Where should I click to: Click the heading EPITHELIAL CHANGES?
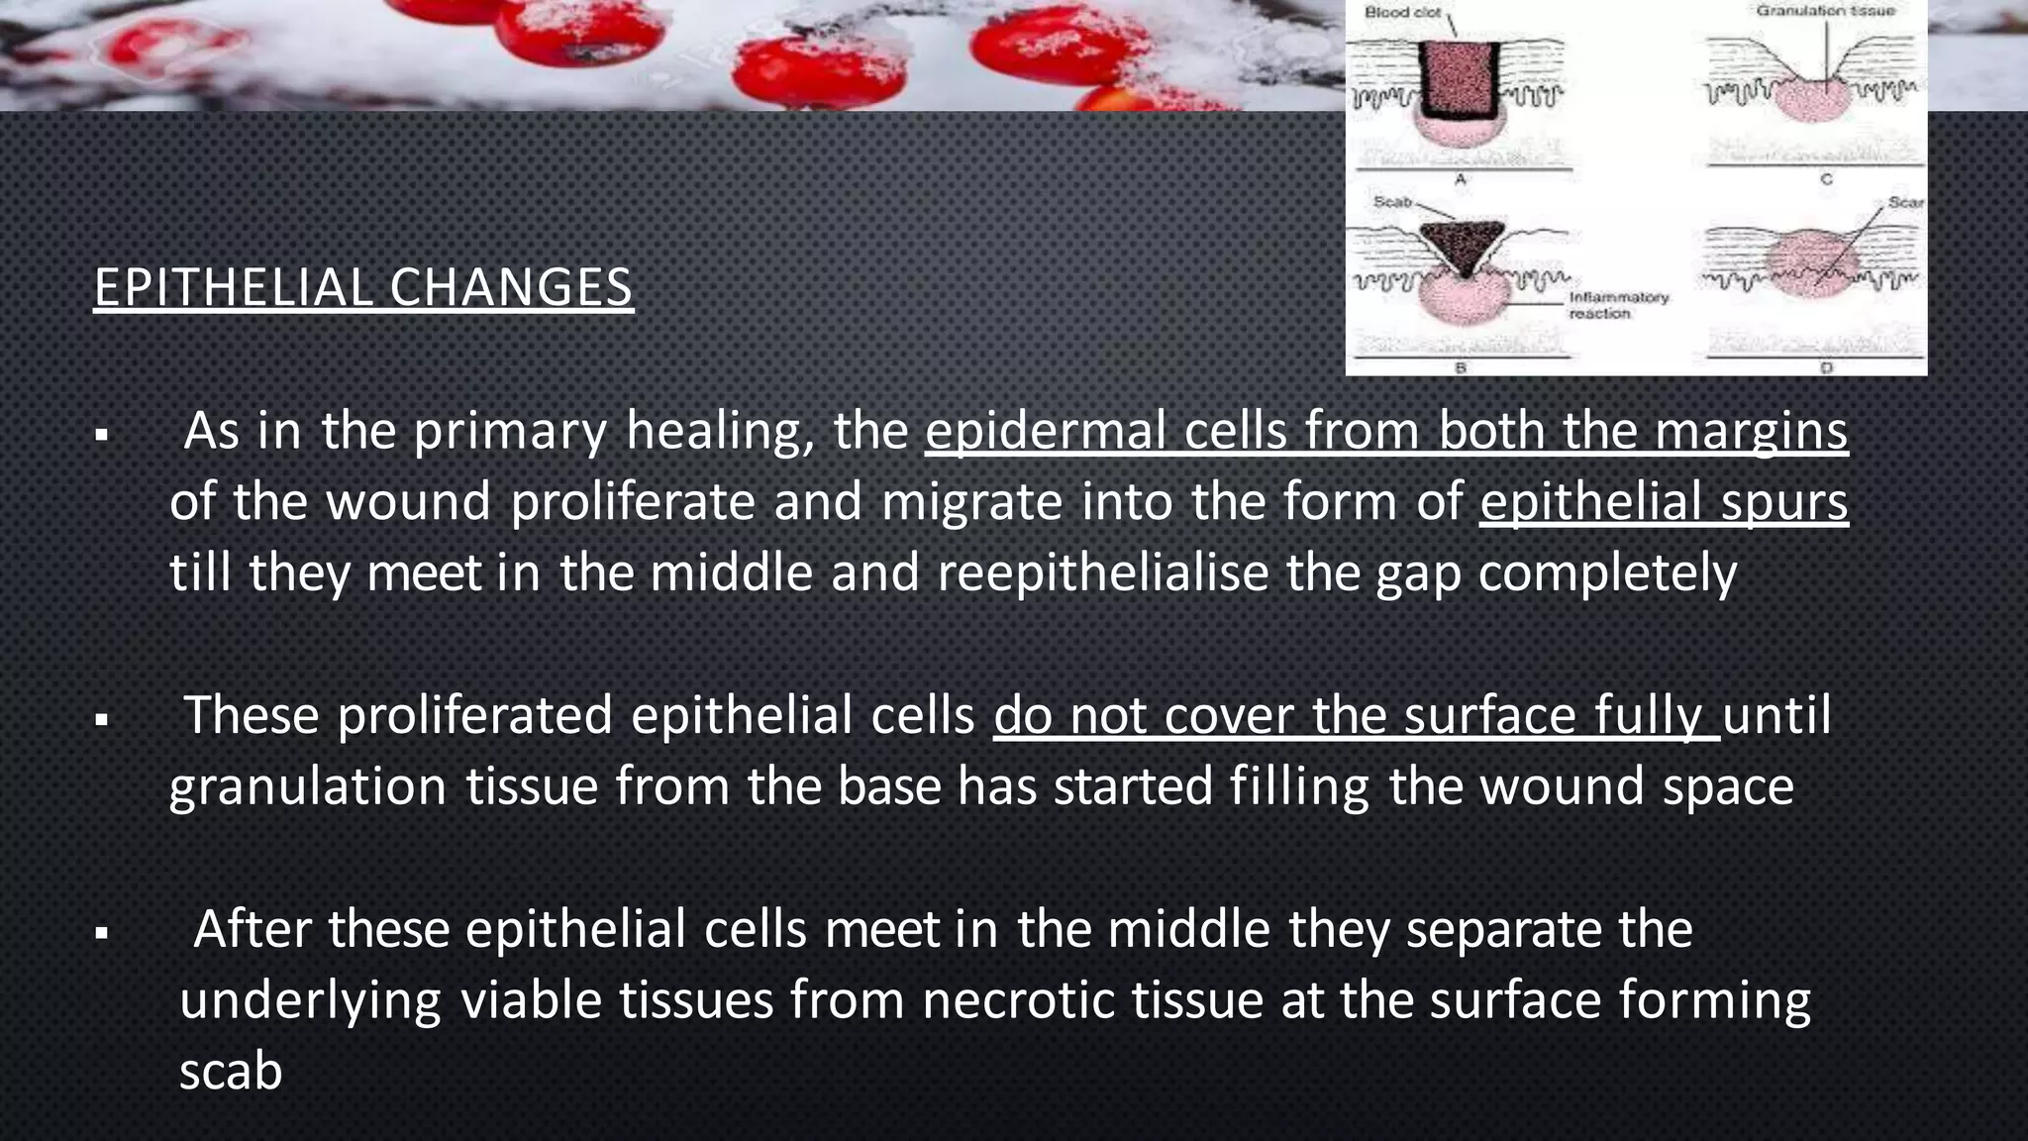(362, 287)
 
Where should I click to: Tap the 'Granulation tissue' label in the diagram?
(1825, 11)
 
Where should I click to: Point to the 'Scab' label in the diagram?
(1391, 201)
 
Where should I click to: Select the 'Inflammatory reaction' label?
(1618, 305)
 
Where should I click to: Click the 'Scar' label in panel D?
(1904, 202)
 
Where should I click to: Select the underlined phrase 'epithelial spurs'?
(1664, 501)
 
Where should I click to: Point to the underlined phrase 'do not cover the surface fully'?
(1357, 715)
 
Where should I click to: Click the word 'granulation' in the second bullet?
(308, 786)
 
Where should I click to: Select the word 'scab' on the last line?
(231, 1072)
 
